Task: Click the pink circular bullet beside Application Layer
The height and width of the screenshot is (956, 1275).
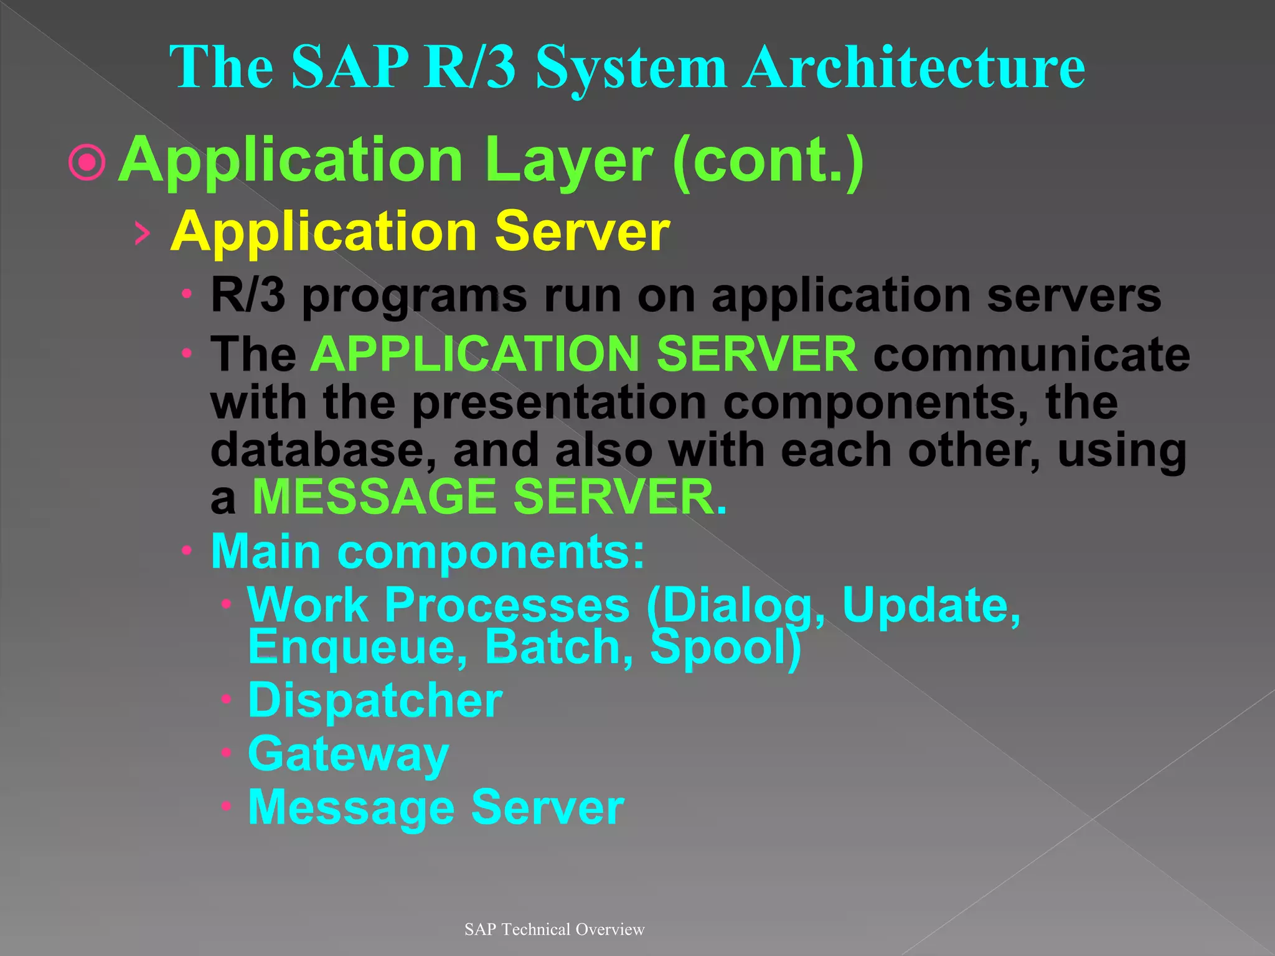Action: point(87,162)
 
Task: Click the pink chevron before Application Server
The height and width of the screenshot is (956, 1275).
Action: point(143,233)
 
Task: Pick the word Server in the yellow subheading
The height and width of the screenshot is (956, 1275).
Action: point(581,232)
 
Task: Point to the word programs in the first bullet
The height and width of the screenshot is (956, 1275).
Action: point(414,296)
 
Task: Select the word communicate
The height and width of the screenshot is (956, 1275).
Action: point(1032,355)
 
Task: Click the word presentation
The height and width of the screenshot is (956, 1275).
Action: point(558,403)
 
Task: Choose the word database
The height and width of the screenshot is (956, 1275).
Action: point(323,451)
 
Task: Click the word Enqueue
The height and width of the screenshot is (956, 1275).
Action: point(357,647)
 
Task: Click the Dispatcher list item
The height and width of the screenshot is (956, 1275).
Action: point(375,701)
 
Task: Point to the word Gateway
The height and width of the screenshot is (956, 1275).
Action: point(348,754)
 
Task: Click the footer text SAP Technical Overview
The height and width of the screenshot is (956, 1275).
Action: point(554,929)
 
